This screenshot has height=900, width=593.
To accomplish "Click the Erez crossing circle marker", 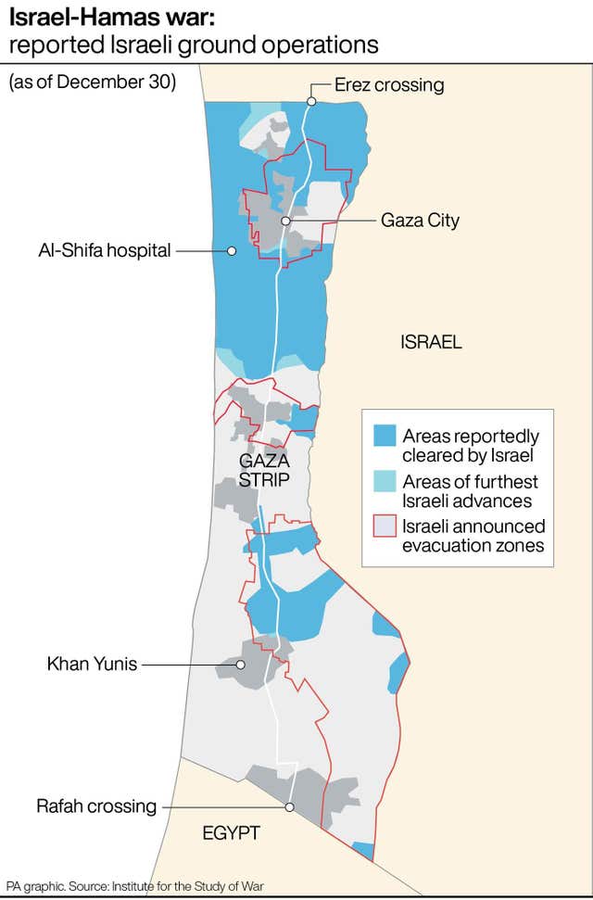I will (x=313, y=101).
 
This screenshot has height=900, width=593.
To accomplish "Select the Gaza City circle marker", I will (x=286, y=221).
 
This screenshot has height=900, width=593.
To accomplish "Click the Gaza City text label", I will (x=420, y=221).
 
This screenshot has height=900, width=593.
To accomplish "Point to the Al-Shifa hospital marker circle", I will (x=232, y=250).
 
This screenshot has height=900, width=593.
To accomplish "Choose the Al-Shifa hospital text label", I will (x=104, y=250).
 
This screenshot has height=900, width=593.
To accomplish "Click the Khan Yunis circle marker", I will (x=240, y=665).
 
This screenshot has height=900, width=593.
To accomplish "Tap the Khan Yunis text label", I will (x=92, y=664).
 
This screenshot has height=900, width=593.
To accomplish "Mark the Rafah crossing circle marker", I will (x=290, y=807).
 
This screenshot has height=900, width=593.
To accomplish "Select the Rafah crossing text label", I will (x=96, y=806).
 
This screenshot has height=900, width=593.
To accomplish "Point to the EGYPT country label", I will (x=231, y=833).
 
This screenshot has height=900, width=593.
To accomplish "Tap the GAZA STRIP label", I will (x=264, y=470).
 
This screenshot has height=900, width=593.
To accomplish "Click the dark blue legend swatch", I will (x=384, y=437).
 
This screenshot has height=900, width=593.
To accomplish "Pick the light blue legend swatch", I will (x=384, y=482).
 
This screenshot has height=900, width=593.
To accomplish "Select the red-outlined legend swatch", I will (x=384, y=527).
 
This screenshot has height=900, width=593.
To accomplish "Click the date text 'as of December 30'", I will (x=92, y=82).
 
